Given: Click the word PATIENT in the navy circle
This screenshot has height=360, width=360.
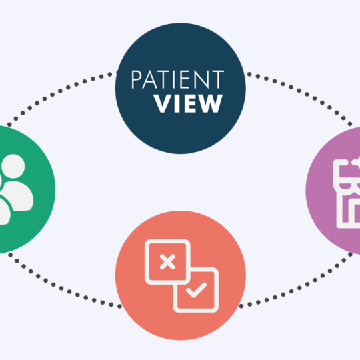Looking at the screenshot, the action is pos(177,79).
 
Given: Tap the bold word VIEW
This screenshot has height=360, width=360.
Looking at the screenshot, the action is pos(188,103).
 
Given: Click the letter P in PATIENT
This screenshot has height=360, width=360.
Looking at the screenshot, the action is pos(137,79).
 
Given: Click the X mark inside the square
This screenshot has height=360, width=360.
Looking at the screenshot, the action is pos(167,262).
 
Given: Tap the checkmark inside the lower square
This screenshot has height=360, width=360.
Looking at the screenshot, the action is pos(196,290).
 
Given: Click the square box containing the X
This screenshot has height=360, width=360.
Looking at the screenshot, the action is pos(167,262).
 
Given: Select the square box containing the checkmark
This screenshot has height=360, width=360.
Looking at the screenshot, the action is pos(195,290).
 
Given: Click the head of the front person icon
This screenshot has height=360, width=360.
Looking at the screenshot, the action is pos(13,166).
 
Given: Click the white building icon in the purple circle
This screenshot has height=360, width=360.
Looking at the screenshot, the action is pos(347,193).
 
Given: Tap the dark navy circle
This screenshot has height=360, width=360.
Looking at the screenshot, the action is pos(181,89).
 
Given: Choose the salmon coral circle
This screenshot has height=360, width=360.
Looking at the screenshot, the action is pos(181,275).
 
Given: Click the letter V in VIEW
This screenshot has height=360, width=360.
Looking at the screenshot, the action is pos(163,103).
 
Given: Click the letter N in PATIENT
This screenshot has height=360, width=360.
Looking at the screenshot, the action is pos(201,79).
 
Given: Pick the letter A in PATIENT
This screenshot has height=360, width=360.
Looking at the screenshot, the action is pos(150,79).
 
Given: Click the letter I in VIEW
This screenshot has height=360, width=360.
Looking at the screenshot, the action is pos(177,103).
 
